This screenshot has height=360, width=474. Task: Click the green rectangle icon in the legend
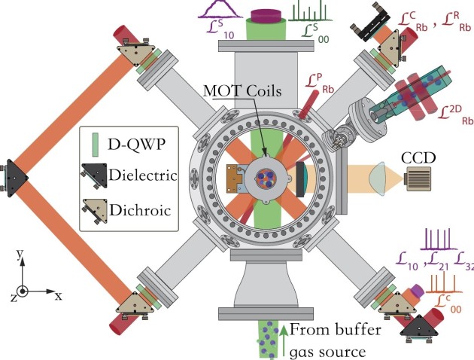[94, 142]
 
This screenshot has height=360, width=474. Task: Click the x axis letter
[58, 295]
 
